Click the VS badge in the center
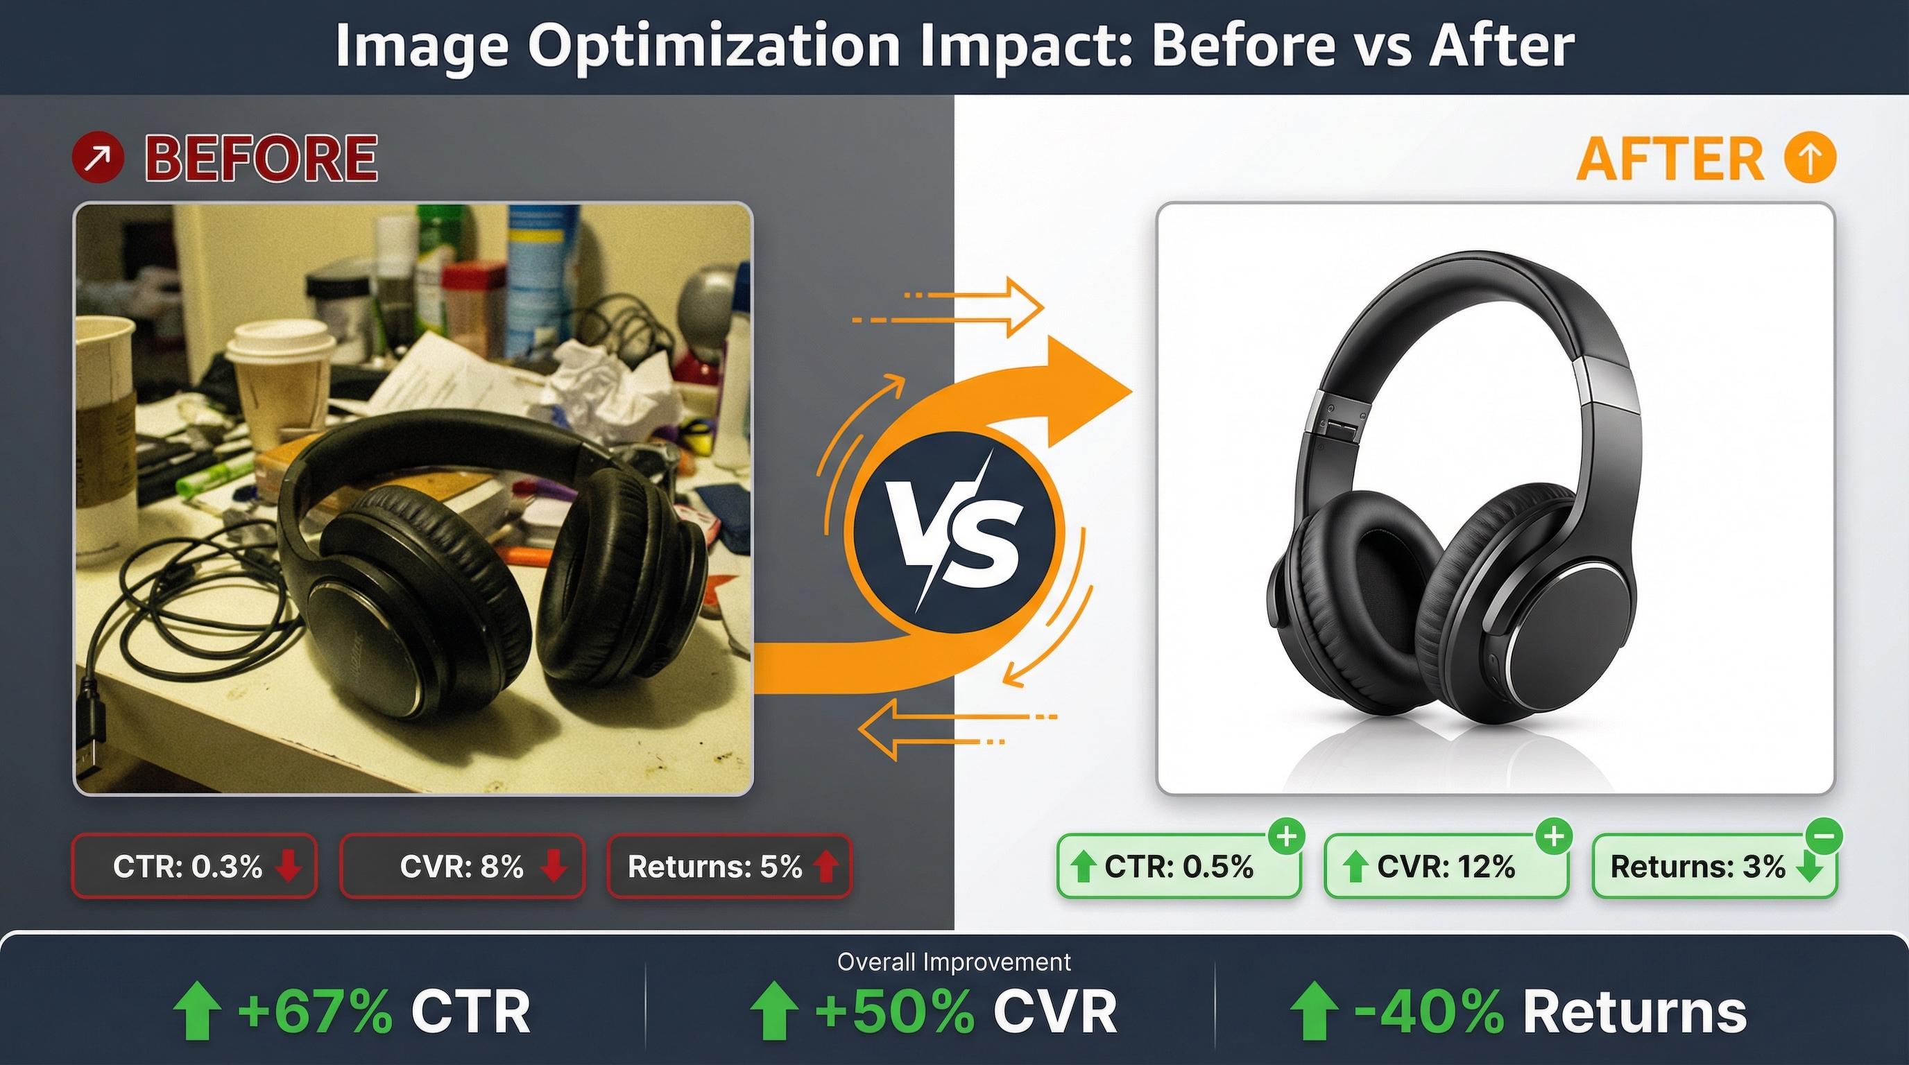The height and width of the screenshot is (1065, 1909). coord(954,532)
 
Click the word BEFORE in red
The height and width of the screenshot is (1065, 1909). coord(261,159)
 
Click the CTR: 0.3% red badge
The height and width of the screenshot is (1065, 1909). coord(194,866)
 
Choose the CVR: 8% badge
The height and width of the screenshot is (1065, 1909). coord(462,866)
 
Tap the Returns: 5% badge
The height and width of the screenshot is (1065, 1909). coord(729,866)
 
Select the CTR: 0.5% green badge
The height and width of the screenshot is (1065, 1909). coord(1179,867)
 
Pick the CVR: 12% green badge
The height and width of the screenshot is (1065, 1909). coord(1446,867)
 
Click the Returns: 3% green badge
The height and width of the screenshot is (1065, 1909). coord(1713,867)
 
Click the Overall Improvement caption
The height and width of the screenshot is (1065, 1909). coord(954,962)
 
